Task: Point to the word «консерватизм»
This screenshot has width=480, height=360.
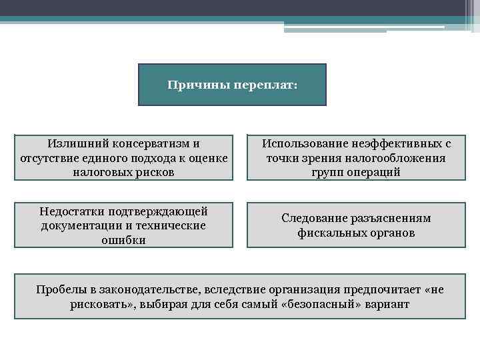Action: pyautogui.click(x=152, y=143)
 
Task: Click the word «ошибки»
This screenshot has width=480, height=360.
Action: pyautogui.click(x=123, y=240)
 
